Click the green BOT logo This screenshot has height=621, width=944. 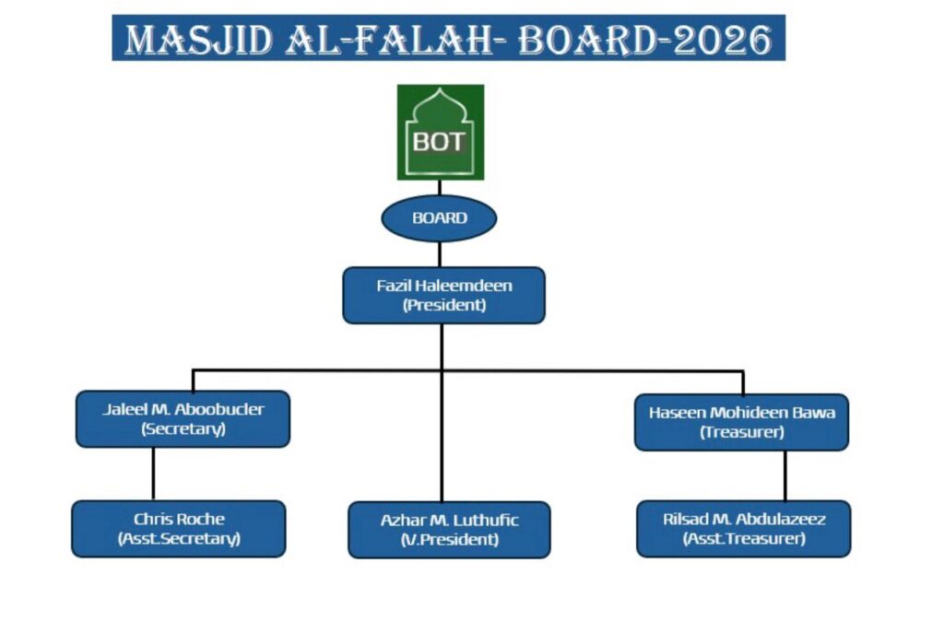tap(440, 132)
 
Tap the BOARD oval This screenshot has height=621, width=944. tap(439, 218)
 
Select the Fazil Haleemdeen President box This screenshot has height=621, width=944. tap(443, 295)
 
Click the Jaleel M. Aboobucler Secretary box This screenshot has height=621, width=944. tap(183, 419)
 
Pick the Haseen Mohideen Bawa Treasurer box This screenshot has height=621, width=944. tap(741, 422)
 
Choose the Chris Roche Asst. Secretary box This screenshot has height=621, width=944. tap(179, 529)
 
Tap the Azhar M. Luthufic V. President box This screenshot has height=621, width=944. tap(449, 530)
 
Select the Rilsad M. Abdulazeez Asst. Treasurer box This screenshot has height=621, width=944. tap(743, 529)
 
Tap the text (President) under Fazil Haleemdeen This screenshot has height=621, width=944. tap(443, 305)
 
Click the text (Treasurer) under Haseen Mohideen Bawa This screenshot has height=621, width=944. tap(741, 432)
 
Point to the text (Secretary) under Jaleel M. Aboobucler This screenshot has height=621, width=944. tap(183, 429)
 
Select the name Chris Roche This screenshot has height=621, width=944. tap(179, 519)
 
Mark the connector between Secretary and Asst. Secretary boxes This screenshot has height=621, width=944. tap(153, 474)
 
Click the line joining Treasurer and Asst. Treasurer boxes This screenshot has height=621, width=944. tap(785, 475)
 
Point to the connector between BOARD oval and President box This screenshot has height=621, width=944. tap(440, 254)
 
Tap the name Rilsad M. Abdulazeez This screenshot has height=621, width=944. tap(743, 519)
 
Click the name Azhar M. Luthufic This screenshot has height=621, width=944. tap(449, 520)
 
